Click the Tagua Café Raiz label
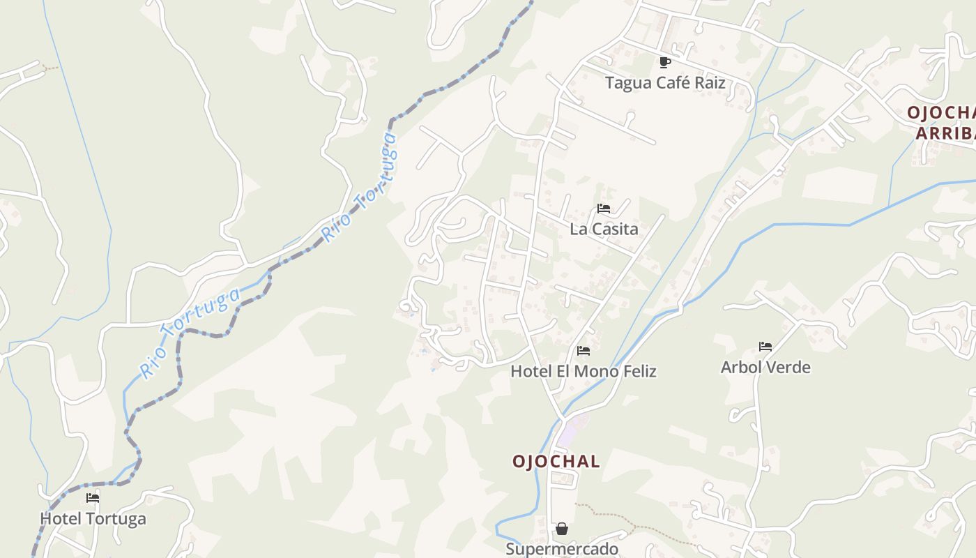(x=665, y=83)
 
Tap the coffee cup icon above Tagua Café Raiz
(x=665, y=62)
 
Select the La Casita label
(x=604, y=229)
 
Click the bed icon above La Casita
(x=604, y=209)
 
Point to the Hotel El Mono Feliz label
(x=584, y=371)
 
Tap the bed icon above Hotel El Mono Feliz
(x=584, y=350)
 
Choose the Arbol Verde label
(x=765, y=368)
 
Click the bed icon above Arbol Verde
(x=765, y=347)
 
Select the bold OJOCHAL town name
(x=556, y=462)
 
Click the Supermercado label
(x=562, y=549)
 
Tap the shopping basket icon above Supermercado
(x=562, y=529)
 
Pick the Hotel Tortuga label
(x=93, y=519)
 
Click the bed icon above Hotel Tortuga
(x=93, y=498)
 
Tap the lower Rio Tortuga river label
(x=190, y=333)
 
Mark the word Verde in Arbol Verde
(x=788, y=368)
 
